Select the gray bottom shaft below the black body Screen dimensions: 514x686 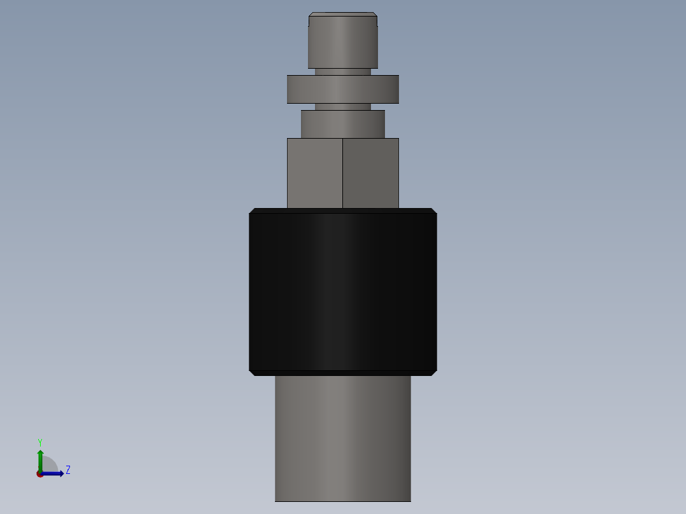(x=342, y=439)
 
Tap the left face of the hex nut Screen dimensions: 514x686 (x=314, y=173)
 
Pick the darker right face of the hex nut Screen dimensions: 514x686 (x=371, y=173)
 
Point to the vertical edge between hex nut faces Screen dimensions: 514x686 (x=342, y=173)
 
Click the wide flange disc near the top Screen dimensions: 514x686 (x=342, y=89)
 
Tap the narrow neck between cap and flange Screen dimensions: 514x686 (x=342, y=72)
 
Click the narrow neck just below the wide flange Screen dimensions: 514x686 (x=342, y=107)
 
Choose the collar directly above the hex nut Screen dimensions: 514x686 (x=342, y=124)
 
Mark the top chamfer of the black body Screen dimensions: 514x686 (x=342, y=211)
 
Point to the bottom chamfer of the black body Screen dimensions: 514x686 (x=342, y=373)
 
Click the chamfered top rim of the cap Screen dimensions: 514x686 (x=342, y=15)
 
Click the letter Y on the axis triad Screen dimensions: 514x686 (x=39, y=441)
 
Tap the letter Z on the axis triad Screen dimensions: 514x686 (x=68, y=470)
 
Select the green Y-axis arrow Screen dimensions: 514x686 (x=40, y=459)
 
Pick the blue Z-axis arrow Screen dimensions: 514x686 (x=55, y=473)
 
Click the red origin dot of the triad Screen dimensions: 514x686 (x=39, y=474)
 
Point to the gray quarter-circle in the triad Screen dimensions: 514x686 (x=49, y=465)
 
